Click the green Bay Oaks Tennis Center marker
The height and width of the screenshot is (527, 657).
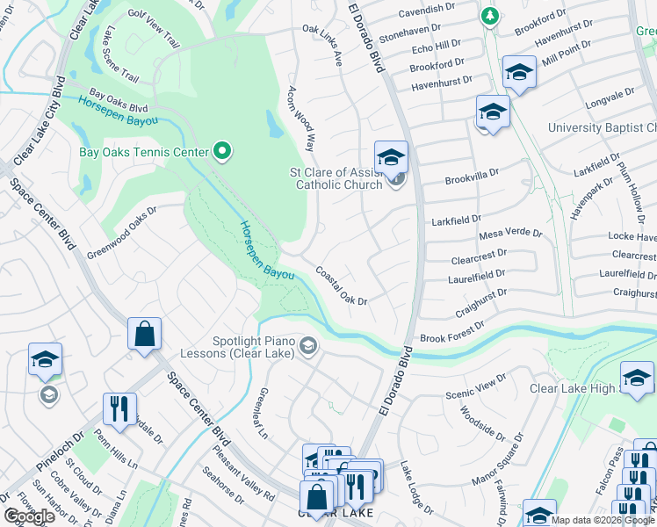[x=222, y=153]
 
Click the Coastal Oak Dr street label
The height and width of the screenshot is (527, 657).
[x=341, y=286]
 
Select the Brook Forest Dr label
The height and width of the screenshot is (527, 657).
[x=451, y=331]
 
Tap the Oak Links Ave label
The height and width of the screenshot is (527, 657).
[x=322, y=44]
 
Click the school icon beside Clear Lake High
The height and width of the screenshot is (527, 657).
[x=637, y=378]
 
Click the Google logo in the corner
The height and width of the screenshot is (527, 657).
[x=29, y=516]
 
